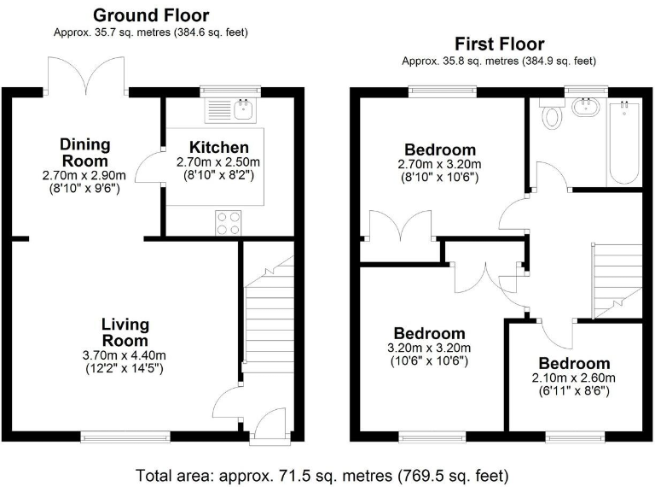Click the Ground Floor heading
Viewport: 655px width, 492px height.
point(150,15)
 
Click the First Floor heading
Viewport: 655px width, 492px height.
point(499,44)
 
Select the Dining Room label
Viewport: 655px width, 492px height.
point(84,152)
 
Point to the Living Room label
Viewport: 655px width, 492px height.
point(125,332)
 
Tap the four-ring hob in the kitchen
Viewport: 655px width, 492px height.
point(229,222)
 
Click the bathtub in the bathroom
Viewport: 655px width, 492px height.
point(624,141)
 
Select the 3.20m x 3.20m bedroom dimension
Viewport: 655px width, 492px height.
point(429,348)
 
